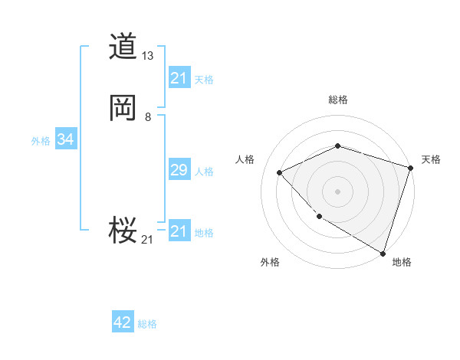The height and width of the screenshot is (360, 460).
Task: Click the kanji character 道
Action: point(123,47)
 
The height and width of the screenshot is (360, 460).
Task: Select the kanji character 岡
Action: point(123,108)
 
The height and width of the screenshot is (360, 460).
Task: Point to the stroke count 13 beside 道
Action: point(148,56)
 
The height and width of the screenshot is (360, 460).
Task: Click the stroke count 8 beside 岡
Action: point(147,116)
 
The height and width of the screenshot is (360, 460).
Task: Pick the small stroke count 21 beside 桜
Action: point(147,240)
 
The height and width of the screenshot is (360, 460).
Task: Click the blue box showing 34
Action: point(65,139)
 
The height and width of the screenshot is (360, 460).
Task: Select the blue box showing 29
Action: point(179,170)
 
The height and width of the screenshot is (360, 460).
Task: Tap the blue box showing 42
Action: point(123,322)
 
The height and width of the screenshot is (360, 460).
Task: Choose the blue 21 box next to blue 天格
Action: point(179,78)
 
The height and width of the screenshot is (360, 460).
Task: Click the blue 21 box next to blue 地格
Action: point(179,231)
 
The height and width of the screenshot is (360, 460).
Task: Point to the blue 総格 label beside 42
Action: point(147,324)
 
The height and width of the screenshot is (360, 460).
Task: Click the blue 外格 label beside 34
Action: point(41,141)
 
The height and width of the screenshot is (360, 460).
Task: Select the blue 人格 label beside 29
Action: point(204,172)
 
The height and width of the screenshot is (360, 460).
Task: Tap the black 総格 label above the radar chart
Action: point(337,100)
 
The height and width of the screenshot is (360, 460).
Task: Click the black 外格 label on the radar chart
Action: point(270,262)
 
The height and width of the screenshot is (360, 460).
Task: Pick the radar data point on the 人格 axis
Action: point(280,172)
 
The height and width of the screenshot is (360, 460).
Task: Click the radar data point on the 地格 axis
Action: point(382,252)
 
